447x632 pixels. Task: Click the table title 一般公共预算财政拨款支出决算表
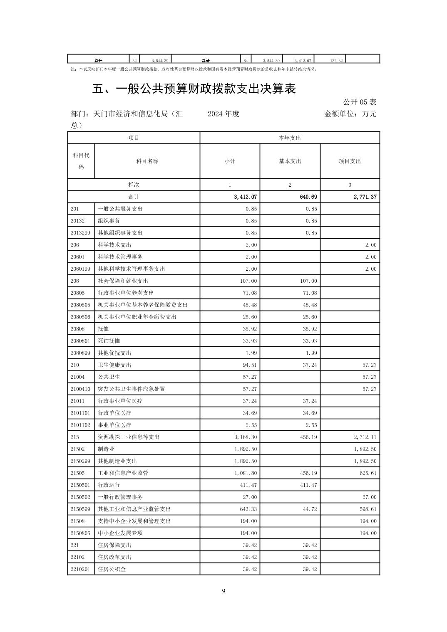pyautogui.click(x=194, y=89)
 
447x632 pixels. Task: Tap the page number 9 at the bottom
pyautogui.click(x=223, y=591)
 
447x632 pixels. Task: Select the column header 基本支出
pyautogui.click(x=290, y=161)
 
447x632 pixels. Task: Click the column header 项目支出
pyautogui.click(x=350, y=161)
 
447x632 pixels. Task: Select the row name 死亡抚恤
pyautogui.click(x=109, y=341)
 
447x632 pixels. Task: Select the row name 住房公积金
pyautogui.click(x=112, y=569)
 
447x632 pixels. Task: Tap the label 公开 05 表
pyautogui.click(x=360, y=102)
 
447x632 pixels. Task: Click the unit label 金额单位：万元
pyautogui.click(x=350, y=114)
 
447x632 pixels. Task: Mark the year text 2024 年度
pyautogui.click(x=223, y=114)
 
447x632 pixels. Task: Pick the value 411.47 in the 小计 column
pyautogui.click(x=248, y=485)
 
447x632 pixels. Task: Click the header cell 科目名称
pyautogui.click(x=147, y=161)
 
